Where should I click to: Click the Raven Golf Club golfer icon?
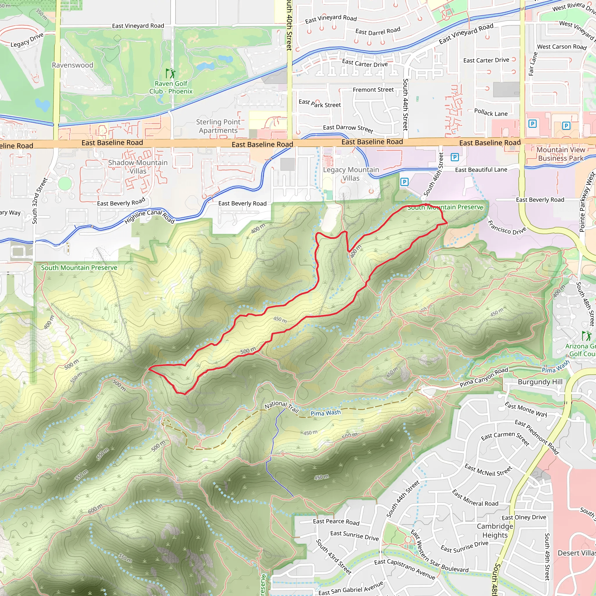coord(170,74)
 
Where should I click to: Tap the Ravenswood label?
coord(72,65)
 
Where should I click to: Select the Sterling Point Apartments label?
coord(218,126)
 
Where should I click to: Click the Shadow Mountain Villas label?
coord(138,166)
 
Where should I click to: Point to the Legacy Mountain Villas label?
coord(351,174)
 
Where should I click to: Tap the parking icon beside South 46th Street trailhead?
coord(404,182)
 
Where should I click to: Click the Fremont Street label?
coord(373,90)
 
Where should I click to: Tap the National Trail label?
coord(282,406)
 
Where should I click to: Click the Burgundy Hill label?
coord(540,382)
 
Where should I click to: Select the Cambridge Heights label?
coord(495,531)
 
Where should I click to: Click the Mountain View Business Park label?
coord(560,154)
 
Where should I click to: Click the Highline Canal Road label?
coord(150,216)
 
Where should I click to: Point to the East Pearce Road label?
coord(336,522)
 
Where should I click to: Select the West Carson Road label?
coord(561,47)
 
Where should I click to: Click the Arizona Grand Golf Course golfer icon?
coord(586,336)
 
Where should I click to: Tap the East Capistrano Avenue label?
coord(405,569)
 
